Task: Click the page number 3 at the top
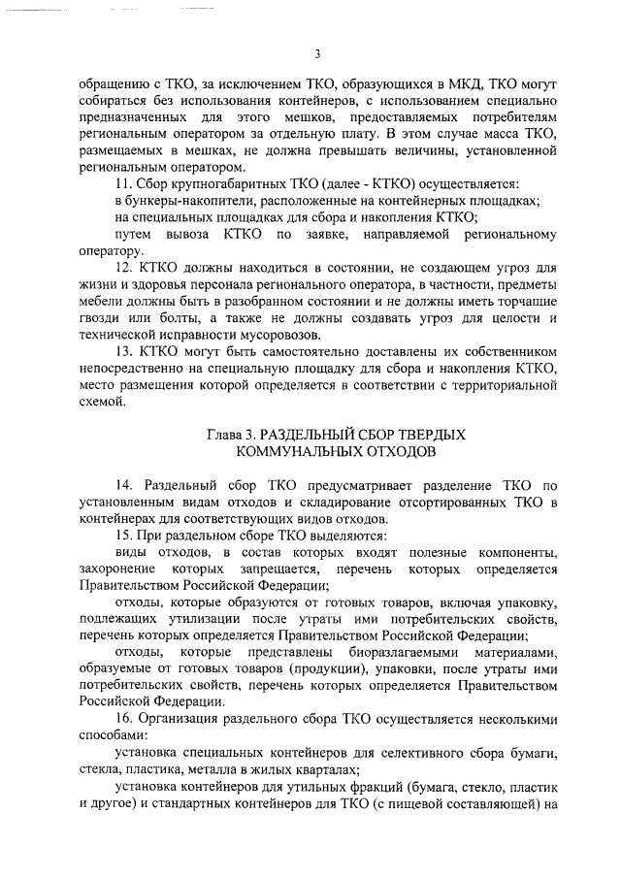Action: tap(317, 54)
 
